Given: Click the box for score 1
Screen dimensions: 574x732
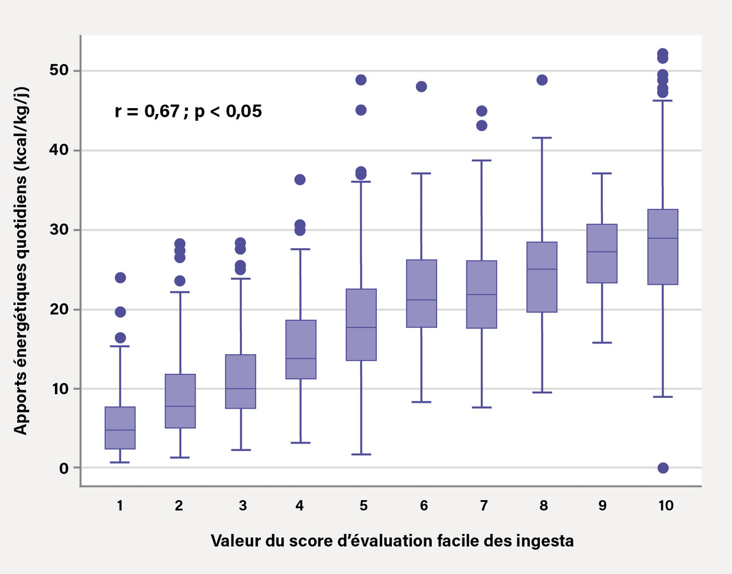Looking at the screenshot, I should point(120,427).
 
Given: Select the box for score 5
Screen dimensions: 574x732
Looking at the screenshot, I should point(361,324).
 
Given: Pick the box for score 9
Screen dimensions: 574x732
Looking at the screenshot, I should point(602,253).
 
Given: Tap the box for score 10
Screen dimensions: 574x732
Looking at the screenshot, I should point(662,247).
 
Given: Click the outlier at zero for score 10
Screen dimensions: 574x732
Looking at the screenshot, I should point(663,468).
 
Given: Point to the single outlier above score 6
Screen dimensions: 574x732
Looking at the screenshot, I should point(421,86).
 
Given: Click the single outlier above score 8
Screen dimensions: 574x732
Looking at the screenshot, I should point(542,80).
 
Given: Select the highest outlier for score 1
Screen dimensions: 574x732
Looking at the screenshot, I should point(120,278).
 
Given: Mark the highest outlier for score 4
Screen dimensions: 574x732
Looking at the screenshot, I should point(300,180).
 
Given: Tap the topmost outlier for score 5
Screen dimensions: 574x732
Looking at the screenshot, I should point(361,80).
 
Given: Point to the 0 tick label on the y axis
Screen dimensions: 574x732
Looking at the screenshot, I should point(63,468).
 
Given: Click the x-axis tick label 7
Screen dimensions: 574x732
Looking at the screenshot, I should point(484,506).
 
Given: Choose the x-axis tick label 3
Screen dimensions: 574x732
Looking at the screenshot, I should point(242,506).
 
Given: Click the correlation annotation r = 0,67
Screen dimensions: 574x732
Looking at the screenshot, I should point(188,110).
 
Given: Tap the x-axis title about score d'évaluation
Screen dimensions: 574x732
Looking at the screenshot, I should point(392,541).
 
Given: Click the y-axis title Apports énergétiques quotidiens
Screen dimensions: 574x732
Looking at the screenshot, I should point(21,260).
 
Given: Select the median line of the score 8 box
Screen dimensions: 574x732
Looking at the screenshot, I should point(542,269).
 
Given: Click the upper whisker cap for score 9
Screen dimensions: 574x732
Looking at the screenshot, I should point(602,173).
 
